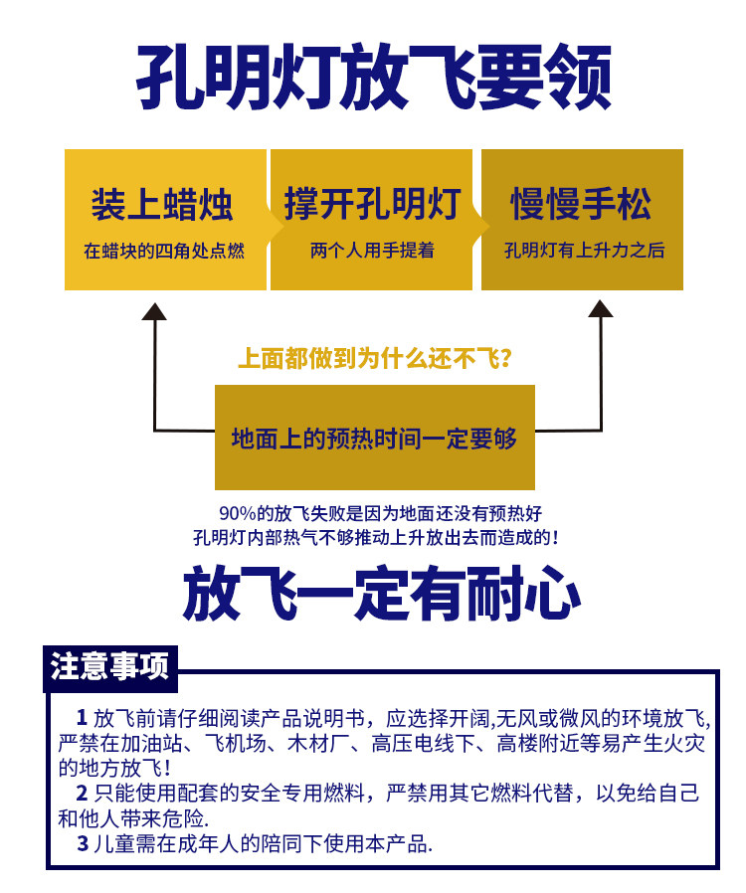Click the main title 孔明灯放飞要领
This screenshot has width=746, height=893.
pyautogui.click(x=373, y=78)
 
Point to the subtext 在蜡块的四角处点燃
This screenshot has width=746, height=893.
pyautogui.click(x=164, y=251)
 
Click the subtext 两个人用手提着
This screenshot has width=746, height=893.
pyautogui.click(x=372, y=251)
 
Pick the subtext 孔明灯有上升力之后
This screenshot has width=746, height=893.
pyautogui.click(x=584, y=251)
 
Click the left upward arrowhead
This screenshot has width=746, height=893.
pyautogui.click(x=154, y=310)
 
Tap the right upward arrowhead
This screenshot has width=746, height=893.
pyautogui.click(x=600, y=310)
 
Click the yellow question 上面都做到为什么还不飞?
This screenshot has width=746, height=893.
pyautogui.click(x=375, y=358)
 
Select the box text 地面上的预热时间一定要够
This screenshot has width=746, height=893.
pyautogui.click(x=374, y=439)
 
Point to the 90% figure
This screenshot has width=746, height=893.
pyautogui.click(x=239, y=514)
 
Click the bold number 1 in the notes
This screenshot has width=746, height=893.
pyautogui.click(x=82, y=718)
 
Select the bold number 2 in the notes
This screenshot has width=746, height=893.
pyautogui.click(x=82, y=793)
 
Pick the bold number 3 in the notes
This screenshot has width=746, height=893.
pyautogui.click(x=83, y=844)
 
